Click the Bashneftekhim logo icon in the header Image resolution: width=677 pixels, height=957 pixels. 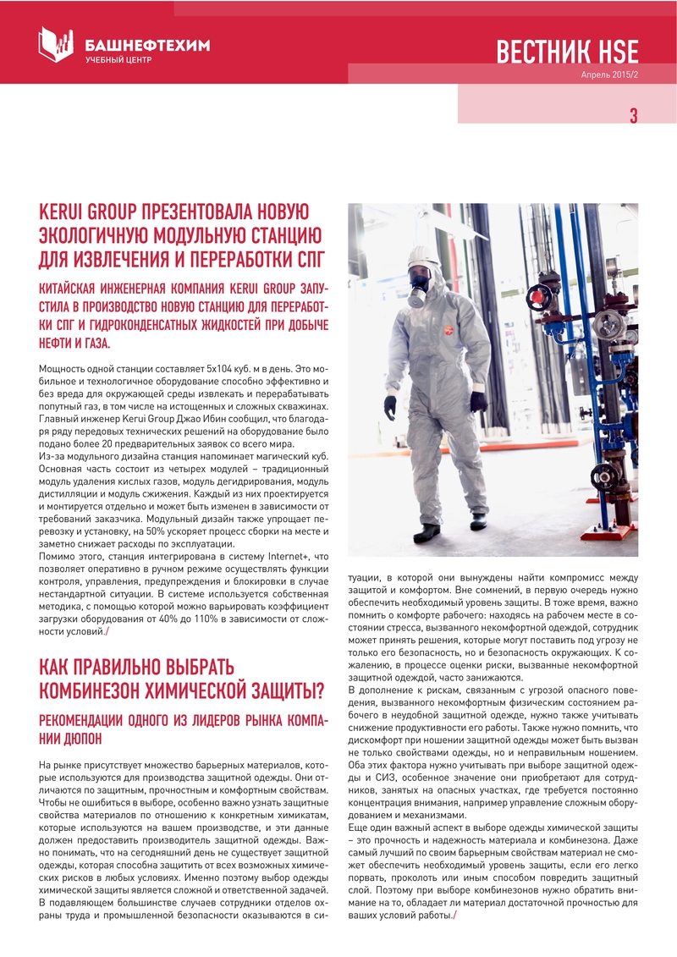coord(56,44)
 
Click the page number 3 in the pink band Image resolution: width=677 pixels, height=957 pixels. coord(632,117)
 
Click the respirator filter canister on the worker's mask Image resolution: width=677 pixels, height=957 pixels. coord(416,299)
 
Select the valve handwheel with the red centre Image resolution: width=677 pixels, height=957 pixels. coord(537,296)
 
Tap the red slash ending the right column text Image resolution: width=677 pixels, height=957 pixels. coord(454,919)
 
